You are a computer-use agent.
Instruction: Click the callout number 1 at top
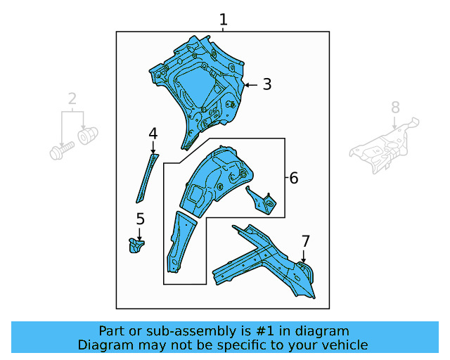pyautogui.click(x=224, y=20)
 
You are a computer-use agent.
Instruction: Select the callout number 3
pyautogui.click(x=266, y=84)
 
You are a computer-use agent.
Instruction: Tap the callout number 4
pyautogui.click(x=153, y=133)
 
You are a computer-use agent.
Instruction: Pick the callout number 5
pyautogui.click(x=140, y=219)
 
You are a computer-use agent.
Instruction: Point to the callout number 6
pyautogui.click(x=294, y=179)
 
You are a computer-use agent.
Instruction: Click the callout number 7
pyautogui.click(x=305, y=241)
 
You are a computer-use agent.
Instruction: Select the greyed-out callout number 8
pyautogui.click(x=395, y=107)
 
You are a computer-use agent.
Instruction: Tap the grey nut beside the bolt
pyautogui.click(x=87, y=134)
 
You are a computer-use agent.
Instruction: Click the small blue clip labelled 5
pyautogui.click(x=136, y=245)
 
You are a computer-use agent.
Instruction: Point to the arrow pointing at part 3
pyautogui.click(x=250, y=84)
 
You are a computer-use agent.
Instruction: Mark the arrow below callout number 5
pyautogui.click(x=140, y=234)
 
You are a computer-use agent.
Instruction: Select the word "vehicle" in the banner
pyautogui.click(x=345, y=345)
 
